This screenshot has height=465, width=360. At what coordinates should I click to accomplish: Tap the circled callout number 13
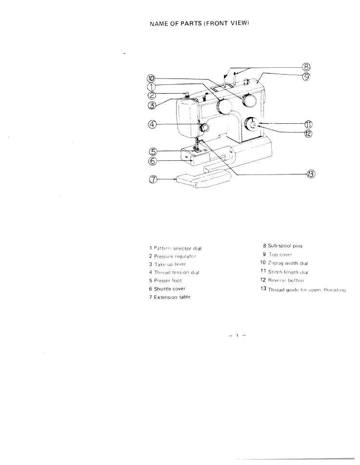[311, 174]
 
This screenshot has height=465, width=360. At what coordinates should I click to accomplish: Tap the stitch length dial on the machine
[252, 125]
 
